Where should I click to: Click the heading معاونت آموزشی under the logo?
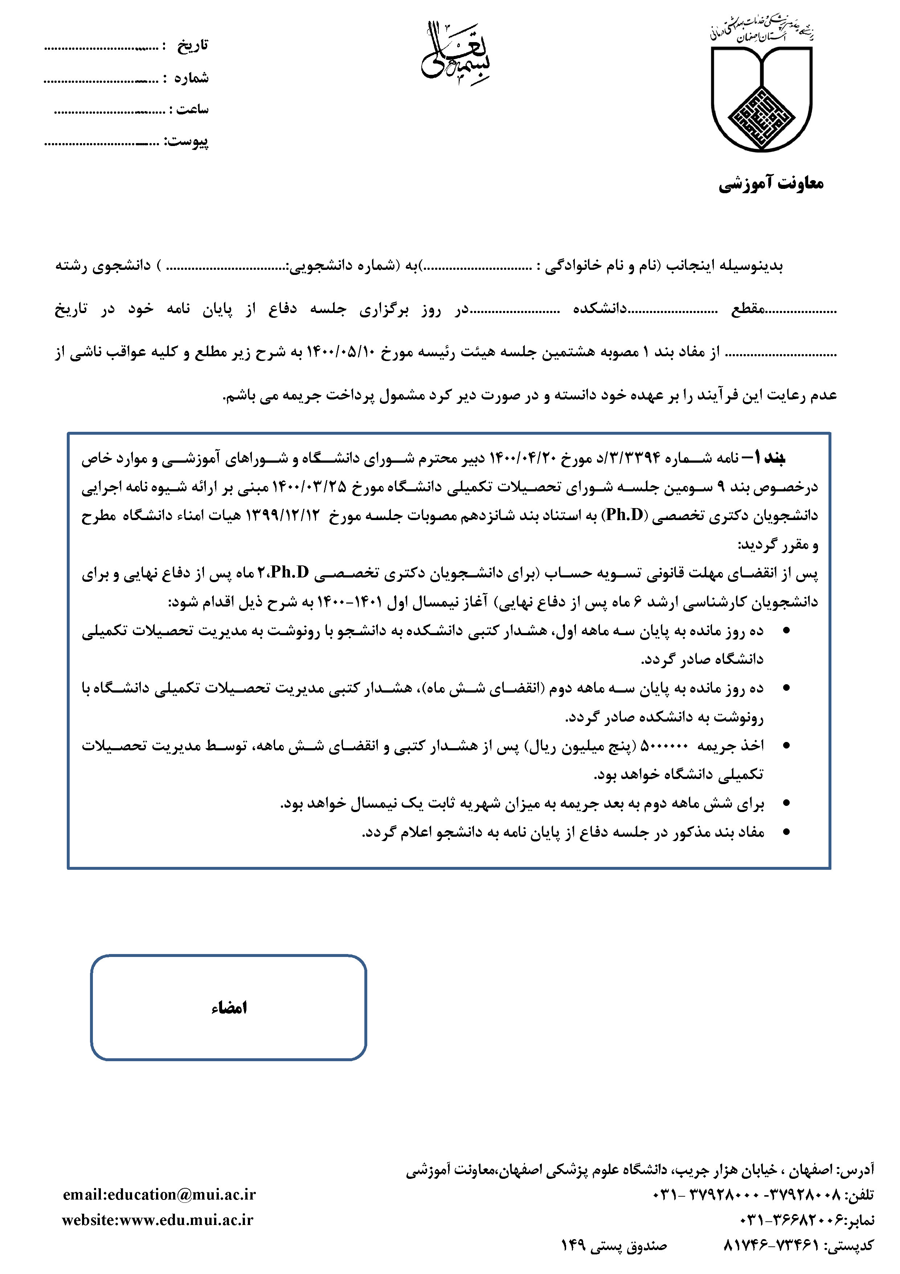pos(771,183)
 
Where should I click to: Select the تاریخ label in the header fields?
pos(192,45)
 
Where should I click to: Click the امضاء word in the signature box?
pos(229,1008)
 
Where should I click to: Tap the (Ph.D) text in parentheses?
pos(624,516)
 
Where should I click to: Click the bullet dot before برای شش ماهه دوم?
pos(786,803)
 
